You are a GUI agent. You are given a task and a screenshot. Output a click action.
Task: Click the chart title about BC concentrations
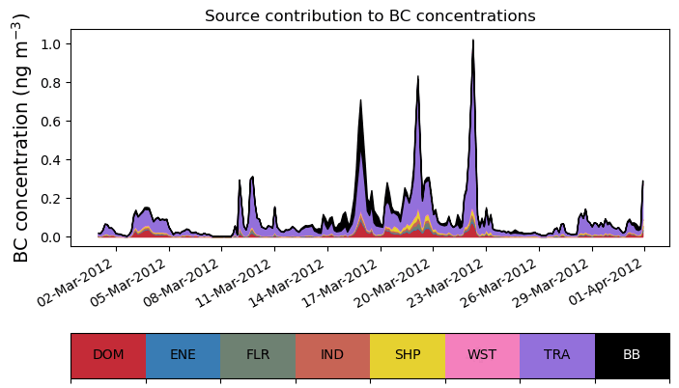pos(370,15)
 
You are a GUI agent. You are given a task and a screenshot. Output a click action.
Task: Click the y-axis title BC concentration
pos(22,137)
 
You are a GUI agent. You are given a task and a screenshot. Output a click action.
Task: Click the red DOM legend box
pos(108,355)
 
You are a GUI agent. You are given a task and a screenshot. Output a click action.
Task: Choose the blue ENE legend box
pos(183,355)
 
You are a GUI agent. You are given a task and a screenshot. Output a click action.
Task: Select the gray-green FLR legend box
pos(258,355)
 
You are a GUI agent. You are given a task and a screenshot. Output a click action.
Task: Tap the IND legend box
pos(332,355)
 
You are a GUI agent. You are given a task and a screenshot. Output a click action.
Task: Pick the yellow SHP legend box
pos(408,355)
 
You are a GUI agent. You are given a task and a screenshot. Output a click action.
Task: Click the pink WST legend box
pos(482,355)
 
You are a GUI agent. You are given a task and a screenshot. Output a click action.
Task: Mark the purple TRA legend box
pos(557,355)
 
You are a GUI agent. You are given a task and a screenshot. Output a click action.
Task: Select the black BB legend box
pos(632,355)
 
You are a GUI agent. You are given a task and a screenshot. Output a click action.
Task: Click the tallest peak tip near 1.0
pos(473,42)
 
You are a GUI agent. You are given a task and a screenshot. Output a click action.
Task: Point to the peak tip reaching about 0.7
pos(360,100)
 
